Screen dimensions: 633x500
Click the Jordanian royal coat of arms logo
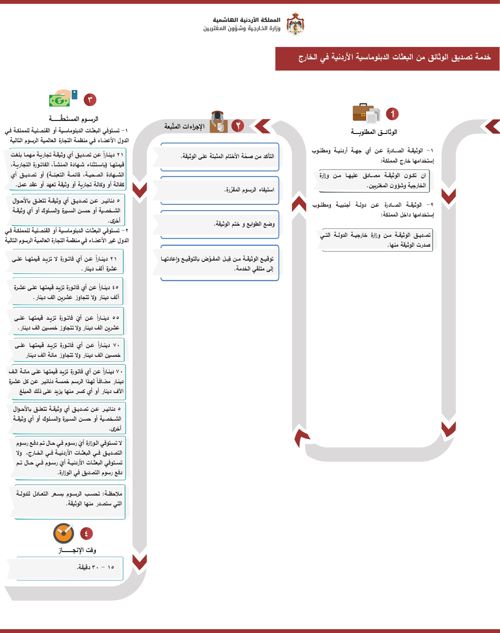(x=295, y=24)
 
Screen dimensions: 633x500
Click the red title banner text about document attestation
(x=394, y=57)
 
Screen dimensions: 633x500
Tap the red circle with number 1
(x=392, y=114)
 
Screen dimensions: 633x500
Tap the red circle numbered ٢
(x=238, y=126)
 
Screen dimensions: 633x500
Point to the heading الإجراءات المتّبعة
(x=184, y=126)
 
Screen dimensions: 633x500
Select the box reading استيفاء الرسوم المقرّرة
(x=220, y=190)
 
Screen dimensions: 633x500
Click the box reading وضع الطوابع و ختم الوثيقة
(x=220, y=224)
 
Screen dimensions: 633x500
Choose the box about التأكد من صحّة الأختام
(x=220, y=156)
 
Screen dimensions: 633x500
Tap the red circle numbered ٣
(x=90, y=100)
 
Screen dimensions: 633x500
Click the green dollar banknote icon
(x=59, y=101)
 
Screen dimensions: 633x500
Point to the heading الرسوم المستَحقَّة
(x=74, y=119)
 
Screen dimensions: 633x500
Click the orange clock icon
(x=63, y=533)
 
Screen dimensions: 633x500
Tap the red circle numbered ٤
(x=86, y=534)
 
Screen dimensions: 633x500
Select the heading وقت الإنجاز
(x=77, y=550)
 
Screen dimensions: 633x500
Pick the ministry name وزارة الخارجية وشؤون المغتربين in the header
(x=242, y=29)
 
